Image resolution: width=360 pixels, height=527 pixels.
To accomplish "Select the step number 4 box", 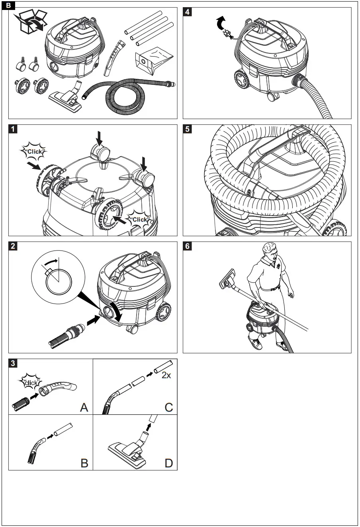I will (187, 12).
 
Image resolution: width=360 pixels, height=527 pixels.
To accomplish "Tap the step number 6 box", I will (187, 246).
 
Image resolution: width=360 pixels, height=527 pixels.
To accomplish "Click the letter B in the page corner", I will (9, 6).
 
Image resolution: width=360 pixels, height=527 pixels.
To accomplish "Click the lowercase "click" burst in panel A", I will (31, 383).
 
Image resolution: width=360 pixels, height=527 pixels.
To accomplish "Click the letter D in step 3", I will (169, 463).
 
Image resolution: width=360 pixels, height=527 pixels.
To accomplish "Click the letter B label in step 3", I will (84, 463).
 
